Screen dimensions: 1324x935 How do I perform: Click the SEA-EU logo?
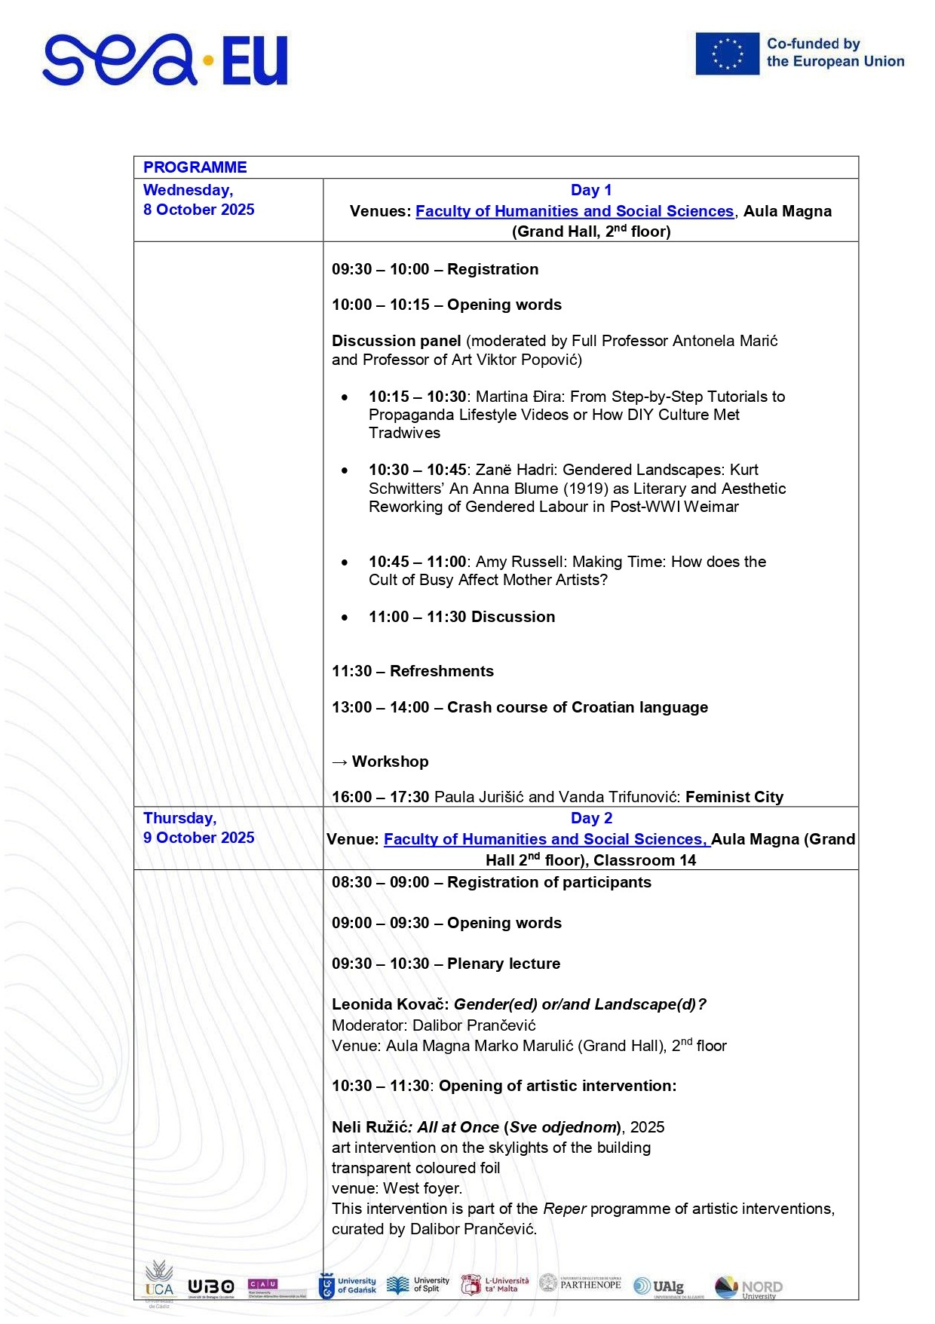165,60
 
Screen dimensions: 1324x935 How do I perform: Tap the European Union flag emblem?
727,54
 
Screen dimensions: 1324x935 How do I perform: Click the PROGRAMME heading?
195,167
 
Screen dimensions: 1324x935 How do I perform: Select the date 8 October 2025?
199,210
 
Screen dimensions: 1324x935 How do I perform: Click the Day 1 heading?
590,190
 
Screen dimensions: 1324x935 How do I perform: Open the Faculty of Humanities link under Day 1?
574,211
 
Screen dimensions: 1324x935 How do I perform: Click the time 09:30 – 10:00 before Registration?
381,269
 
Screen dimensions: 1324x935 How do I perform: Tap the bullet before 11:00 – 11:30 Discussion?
345,618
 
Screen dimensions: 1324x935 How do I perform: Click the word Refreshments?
441,671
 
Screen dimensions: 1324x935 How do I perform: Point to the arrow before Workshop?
339,762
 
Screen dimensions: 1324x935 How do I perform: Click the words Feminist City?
734,797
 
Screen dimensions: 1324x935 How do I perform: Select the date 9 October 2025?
199,838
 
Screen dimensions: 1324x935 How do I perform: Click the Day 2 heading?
590,818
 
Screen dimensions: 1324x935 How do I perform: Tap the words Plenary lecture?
503,964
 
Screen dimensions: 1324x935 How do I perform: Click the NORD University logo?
748,1287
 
